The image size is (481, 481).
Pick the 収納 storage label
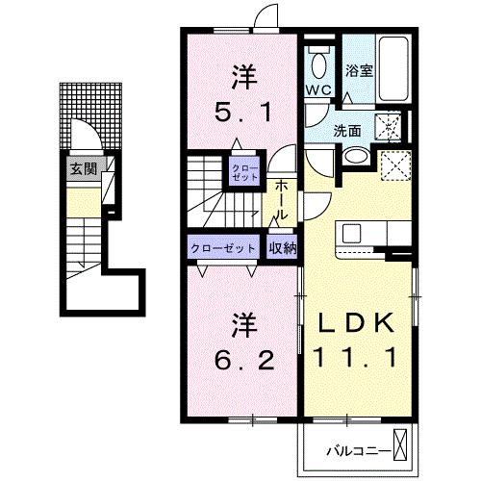[282, 247]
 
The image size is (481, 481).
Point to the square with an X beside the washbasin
[394, 165]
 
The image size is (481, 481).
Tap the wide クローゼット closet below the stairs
[223, 247]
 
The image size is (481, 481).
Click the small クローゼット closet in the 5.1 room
[240, 174]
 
